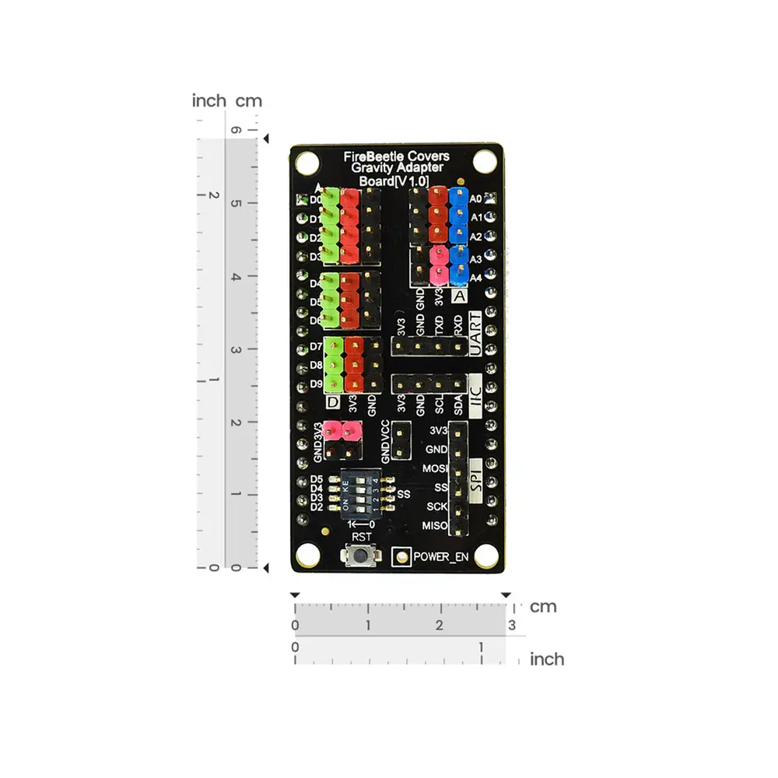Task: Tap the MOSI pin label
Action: point(435,469)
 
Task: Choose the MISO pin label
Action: point(435,527)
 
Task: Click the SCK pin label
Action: point(436,507)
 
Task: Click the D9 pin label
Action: point(317,384)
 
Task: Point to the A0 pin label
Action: point(477,198)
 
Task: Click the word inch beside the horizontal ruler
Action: point(546,660)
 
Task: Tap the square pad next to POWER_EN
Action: point(401,557)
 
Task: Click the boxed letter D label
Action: point(333,402)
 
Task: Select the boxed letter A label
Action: point(459,296)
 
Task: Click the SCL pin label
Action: point(440,403)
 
